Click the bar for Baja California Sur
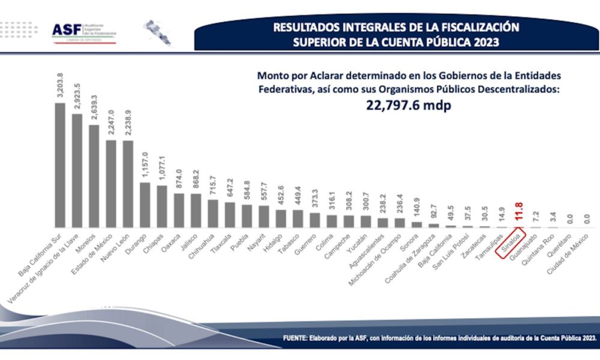click(x=60, y=165)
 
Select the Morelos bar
click(x=94, y=176)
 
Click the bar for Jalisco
click(x=196, y=211)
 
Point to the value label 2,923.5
click(x=77, y=95)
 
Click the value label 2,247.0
click(x=111, y=122)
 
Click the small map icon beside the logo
click(x=157, y=32)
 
